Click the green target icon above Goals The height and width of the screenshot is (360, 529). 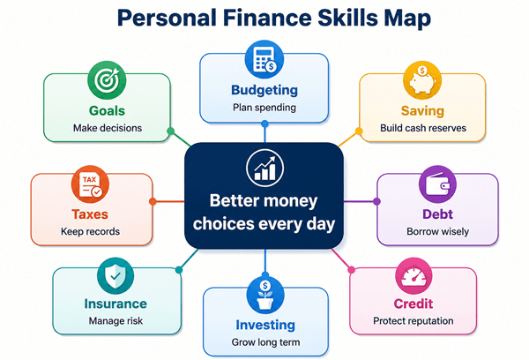(107, 80)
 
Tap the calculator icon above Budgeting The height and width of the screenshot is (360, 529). (264, 60)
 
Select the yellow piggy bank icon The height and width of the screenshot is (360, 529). (422, 80)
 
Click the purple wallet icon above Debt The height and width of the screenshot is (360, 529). (437, 184)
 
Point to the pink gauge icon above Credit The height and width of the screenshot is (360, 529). (414, 276)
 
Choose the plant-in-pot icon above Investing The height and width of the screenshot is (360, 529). (265, 296)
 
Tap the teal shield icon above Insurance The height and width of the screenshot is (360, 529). (115, 276)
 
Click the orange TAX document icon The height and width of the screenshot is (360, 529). (90, 184)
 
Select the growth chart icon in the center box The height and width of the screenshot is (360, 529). (264, 168)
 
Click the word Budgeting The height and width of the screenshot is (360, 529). (264, 90)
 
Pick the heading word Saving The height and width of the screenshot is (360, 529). (422, 111)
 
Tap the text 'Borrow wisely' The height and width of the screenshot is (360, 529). (437, 232)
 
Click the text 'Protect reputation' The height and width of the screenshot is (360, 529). (414, 321)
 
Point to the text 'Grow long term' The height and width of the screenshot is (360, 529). (265, 342)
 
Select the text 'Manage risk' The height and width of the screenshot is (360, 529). (115, 321)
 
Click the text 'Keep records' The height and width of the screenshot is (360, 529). (91, 232)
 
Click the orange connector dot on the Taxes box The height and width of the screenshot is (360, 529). (153, 201)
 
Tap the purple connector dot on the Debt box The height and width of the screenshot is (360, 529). (376, 201)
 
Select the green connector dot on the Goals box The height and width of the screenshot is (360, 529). (171, 131)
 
